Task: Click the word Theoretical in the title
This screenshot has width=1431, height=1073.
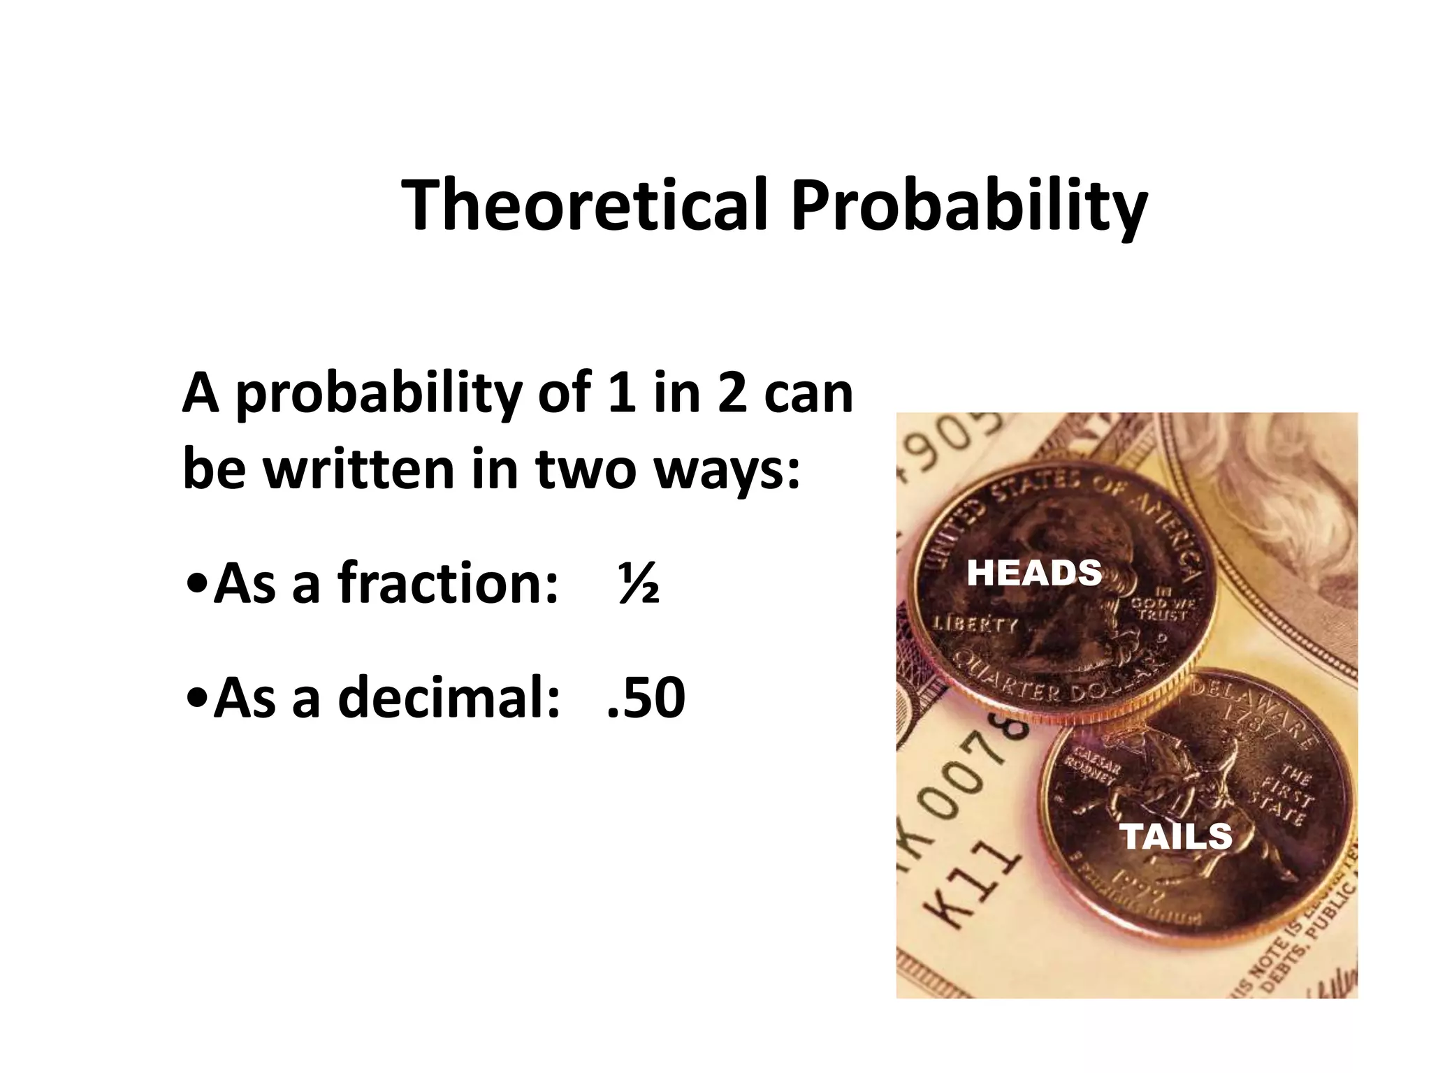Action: pyautogui.click(x=586, y=205)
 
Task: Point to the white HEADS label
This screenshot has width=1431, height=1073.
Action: pyautogui.click(x=1033, y=574)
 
